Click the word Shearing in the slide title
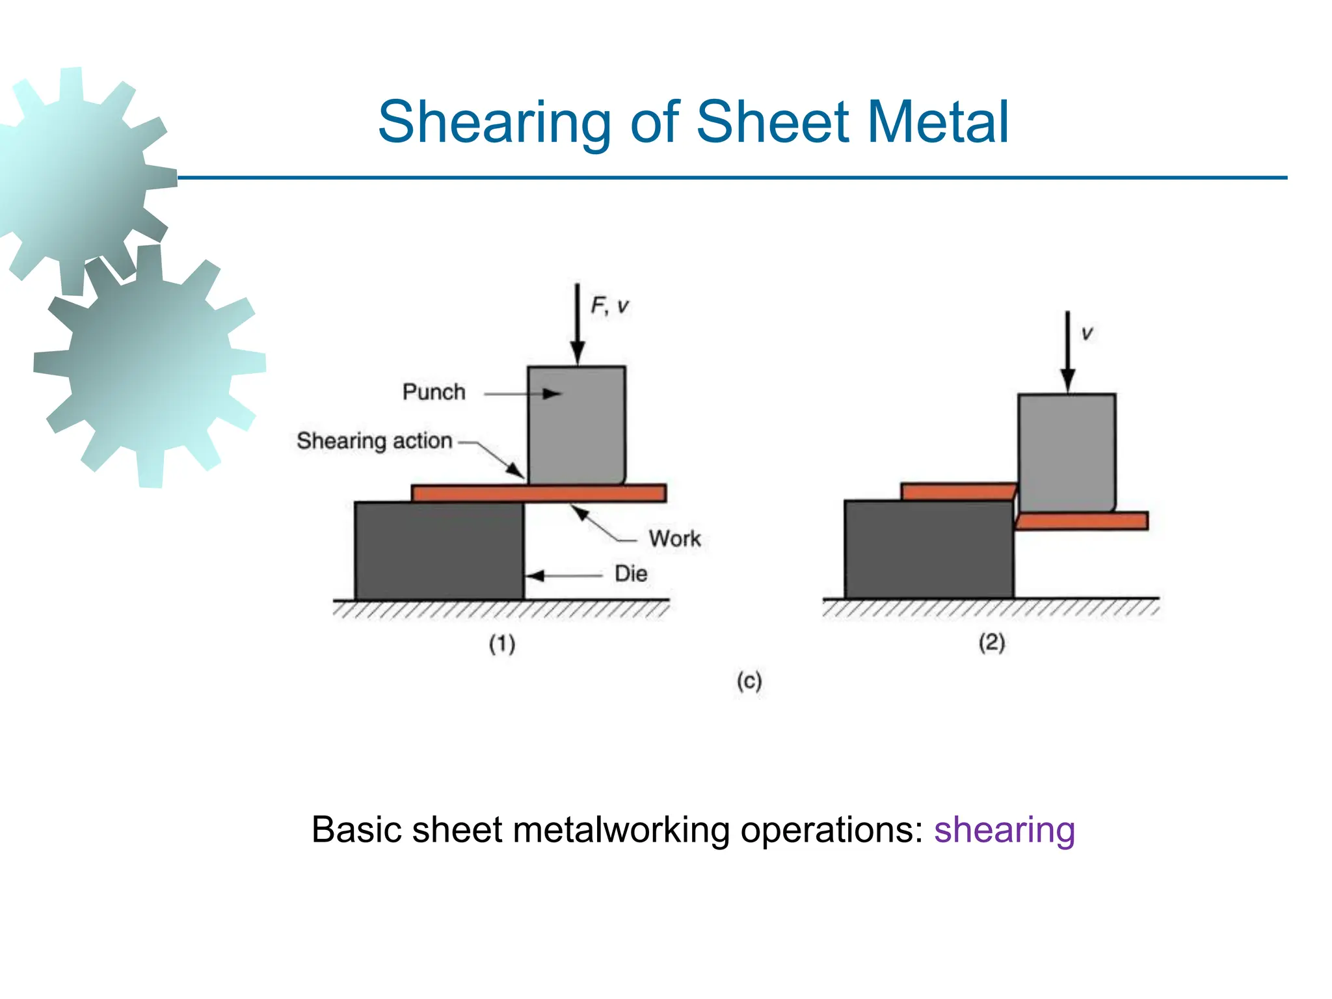[494, 122]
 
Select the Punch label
[434, 392]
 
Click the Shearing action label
[374, 441]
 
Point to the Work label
[674, 539]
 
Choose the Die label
[631, 574]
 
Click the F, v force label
[609, 306]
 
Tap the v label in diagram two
[1087, 334]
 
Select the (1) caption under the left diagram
[502, 644]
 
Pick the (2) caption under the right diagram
[992, 643]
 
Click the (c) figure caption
[749, 681]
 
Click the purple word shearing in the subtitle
[1004, 830]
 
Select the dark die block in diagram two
[928, 550]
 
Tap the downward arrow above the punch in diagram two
[1067, 351]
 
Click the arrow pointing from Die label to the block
[563, 576]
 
